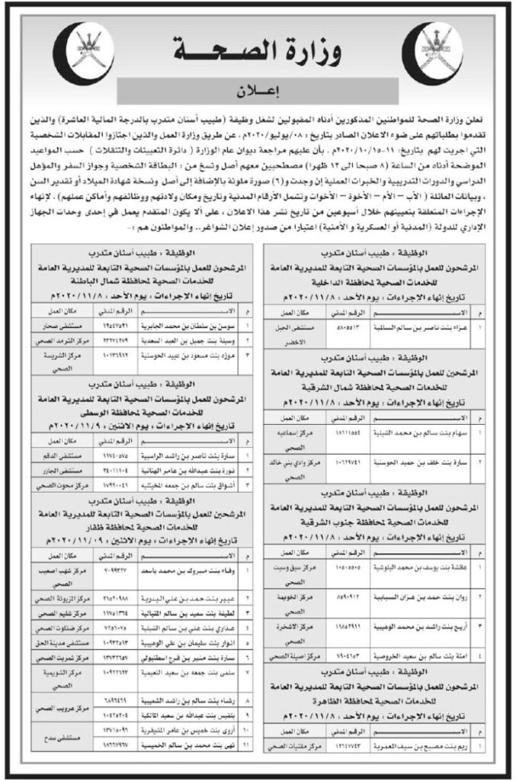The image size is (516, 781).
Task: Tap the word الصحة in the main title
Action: (216, 52)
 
